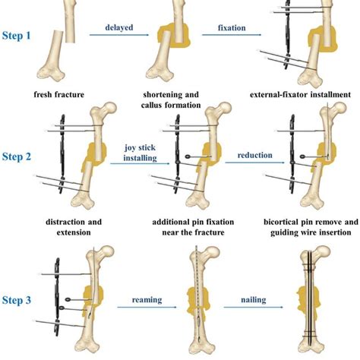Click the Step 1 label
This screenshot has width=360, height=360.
(17, 36)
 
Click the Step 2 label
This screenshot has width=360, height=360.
(17, 157)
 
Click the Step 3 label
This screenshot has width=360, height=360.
(17, 301)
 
